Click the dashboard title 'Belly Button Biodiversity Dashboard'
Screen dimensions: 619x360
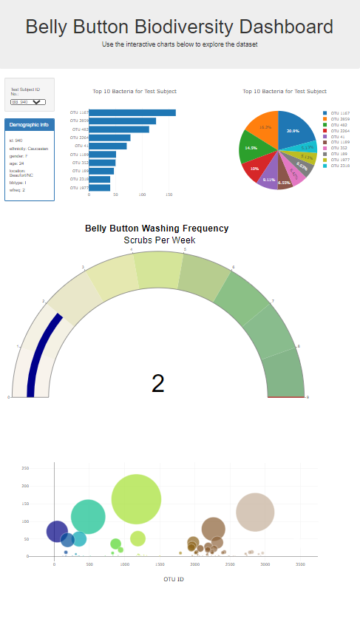point(180,27)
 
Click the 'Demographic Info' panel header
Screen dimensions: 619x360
point(29,124)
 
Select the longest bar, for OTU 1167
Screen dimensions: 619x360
point(132,112)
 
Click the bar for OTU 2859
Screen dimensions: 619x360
point(122,121)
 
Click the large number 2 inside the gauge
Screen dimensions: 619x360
point(157,383)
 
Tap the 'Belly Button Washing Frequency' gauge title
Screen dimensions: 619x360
point(157,229)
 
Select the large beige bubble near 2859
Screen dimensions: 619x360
point(255,512)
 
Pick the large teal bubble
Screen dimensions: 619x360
point(88,517)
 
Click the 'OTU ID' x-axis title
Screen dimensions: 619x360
point(174,579)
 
